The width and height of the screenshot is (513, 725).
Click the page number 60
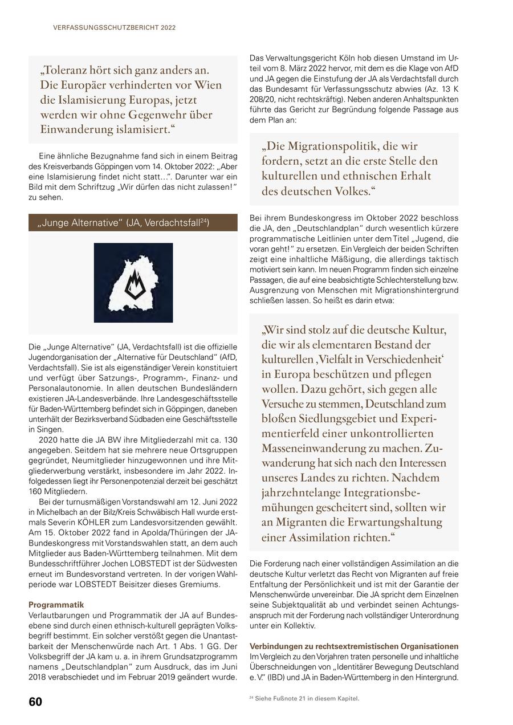35,702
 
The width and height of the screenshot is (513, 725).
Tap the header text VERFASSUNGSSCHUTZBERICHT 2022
115,27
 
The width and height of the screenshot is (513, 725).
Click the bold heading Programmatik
56,605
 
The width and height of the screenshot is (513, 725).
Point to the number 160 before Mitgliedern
36,491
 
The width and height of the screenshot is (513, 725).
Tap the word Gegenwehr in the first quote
160,115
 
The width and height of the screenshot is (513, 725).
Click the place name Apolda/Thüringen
157,533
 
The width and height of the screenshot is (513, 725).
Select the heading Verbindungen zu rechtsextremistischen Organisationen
353,646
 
